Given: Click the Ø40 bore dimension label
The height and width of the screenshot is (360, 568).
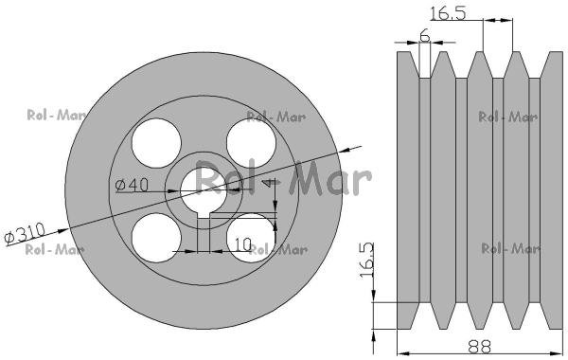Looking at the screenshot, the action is [x=132, y=185].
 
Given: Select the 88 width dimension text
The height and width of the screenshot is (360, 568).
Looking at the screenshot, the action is [x=479, y=347].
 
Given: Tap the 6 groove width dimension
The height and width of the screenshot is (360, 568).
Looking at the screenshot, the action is [x=424, y=36].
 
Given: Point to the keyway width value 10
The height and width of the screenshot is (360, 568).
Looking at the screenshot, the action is [x=243, y=244].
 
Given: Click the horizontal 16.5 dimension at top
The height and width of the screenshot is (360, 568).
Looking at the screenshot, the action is [x=448, y=13].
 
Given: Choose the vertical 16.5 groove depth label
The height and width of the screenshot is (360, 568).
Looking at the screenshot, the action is [x=367, y=260].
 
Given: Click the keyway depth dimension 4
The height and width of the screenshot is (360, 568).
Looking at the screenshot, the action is [x=269, y=182].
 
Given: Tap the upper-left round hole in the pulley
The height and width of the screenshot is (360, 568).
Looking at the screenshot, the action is [x=156, y=143].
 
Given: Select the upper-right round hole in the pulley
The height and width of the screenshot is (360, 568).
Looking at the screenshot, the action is [x=252, y=143].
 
